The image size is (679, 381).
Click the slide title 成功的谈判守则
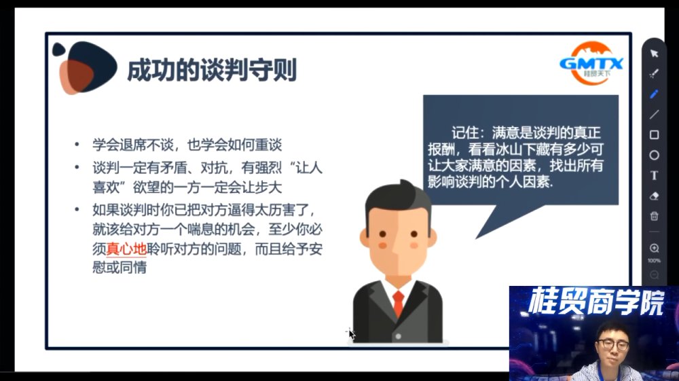(212, 70)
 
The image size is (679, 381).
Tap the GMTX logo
(591, 62)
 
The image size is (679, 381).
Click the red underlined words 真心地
(126, 249)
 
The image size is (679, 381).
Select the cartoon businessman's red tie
(398, 304)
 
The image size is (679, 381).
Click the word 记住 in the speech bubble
(465, 132)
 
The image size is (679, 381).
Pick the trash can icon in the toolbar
(655, 215)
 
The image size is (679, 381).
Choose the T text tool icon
(655, 175)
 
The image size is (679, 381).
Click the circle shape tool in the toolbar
(655, 155)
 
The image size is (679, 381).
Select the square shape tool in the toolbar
(655, 134)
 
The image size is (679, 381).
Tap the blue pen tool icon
(654, 94)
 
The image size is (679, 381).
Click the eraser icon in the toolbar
(655, 196)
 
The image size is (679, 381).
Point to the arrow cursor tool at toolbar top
(654, 53)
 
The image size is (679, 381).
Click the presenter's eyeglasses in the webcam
(612, 344)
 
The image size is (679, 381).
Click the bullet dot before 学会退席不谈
(77, 144)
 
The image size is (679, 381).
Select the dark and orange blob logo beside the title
(84, 67)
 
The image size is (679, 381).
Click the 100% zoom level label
(655, 261)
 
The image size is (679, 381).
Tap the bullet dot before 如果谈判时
(77, 210)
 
